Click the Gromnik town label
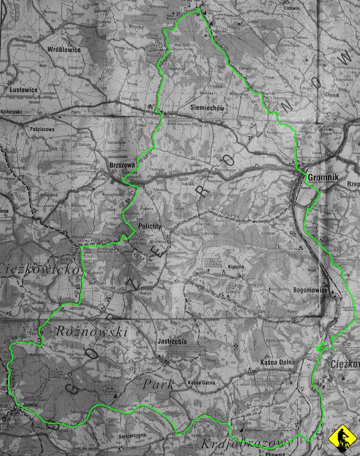(323, 177)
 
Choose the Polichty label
(150, 226)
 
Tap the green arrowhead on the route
(318, 347)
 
